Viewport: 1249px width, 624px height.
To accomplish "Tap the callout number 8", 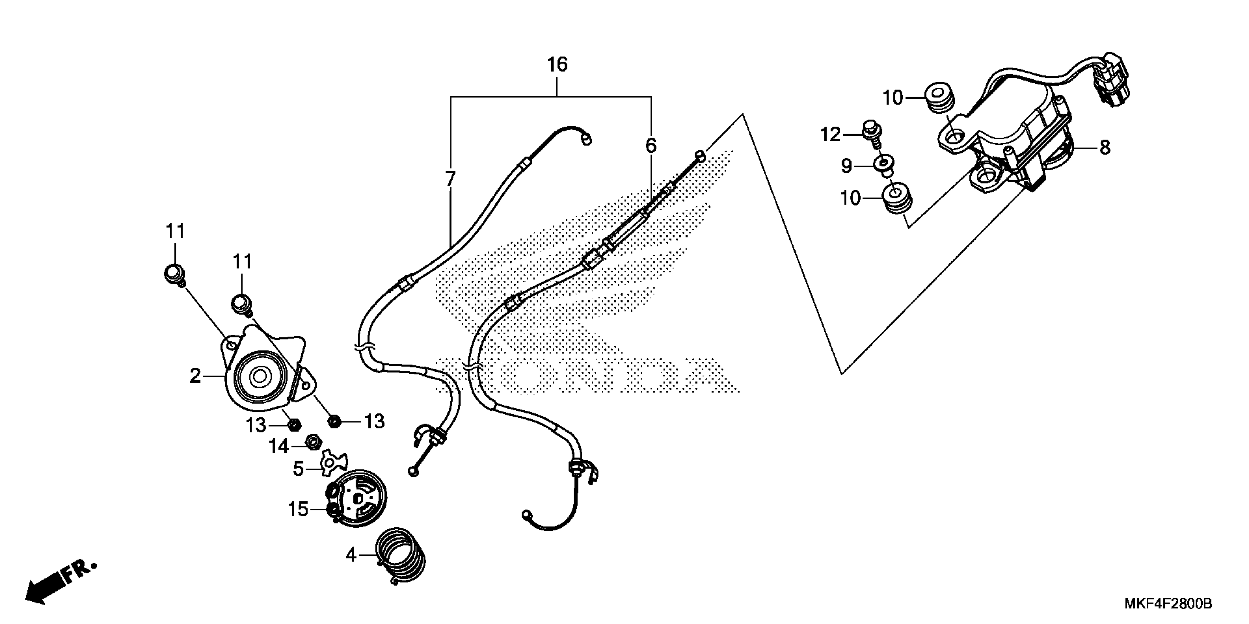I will point(1105,147).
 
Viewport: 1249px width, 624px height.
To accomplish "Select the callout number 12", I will point(830,135).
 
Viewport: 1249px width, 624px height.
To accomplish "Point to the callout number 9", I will point(846,166).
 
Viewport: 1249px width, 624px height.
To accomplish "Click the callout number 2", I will point(195,376).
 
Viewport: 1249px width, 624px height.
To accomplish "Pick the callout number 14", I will point(279,446).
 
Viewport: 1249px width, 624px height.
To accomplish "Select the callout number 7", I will point(450,179).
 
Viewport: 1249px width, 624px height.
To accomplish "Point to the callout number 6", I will point(650,145).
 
